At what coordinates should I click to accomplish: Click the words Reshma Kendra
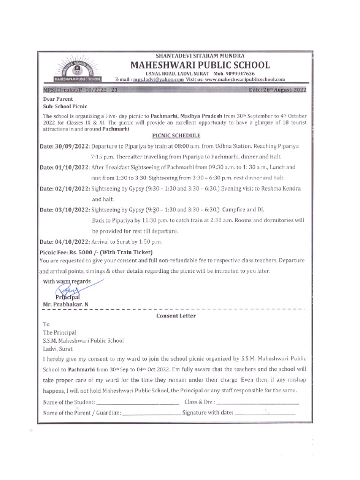(x=283, y=188)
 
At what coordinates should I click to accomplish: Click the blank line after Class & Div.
(x=258, y=403)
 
